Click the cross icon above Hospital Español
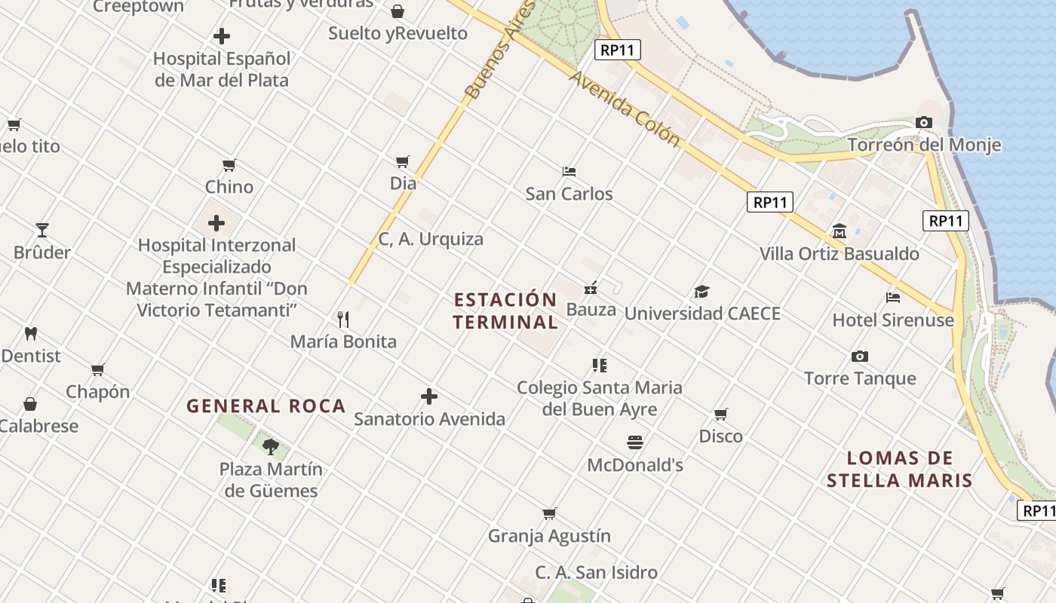coord(222,35)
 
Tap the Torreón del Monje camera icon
coord(924,122)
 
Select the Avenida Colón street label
coord(625,109)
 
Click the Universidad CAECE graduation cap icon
coord(702,292)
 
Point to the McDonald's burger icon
coord(635,442)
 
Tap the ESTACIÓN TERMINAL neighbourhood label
coord(505,311)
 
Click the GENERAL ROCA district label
coord(266,406)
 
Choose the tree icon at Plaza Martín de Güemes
coord(271,447)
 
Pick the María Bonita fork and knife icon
coord(343,319)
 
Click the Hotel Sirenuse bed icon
coord(893,298)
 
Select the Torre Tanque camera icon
coord(860,357)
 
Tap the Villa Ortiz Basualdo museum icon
coord(840,231)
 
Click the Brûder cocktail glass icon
coord(42,230)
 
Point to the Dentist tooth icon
coord(31,333)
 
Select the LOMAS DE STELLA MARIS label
coord(899,469)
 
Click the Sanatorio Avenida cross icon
coord(429,396)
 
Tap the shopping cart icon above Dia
coord(403,161)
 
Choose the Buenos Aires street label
coord(499,51)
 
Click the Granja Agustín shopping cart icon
coord(549,514)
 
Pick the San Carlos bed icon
coord(569,172)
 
